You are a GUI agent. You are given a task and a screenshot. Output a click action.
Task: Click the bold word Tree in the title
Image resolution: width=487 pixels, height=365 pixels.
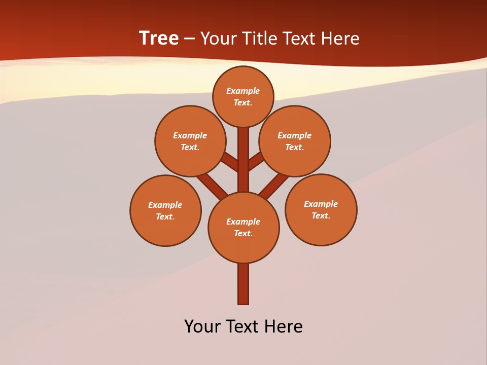(159, 39)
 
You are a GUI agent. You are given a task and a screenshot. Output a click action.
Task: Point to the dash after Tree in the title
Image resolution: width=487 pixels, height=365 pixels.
(189, 39)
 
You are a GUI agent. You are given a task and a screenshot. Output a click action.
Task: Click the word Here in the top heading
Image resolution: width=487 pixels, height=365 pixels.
(340, 39)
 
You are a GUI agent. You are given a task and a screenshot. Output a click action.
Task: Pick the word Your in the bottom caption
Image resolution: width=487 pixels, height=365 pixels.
(203, 326)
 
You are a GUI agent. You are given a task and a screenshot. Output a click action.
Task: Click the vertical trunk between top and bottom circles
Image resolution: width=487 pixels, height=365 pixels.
(243, 160)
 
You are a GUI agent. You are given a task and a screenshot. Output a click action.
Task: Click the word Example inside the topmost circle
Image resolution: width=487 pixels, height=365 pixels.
(243, 91)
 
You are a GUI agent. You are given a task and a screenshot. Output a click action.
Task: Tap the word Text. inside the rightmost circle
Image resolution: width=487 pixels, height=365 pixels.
(321, 215)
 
